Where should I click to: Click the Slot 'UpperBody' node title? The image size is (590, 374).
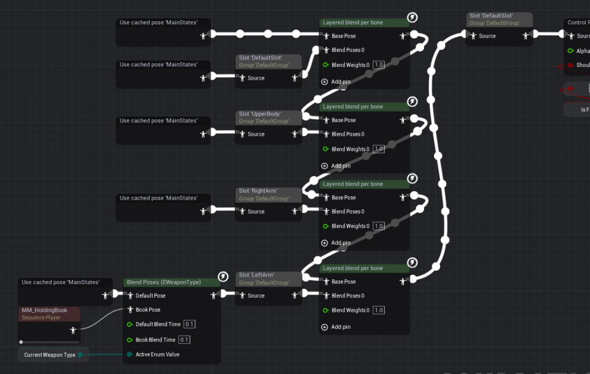point(256,114)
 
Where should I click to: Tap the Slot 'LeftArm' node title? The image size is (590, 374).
point(254,275)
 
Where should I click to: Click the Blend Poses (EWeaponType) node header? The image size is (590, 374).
point(164,282)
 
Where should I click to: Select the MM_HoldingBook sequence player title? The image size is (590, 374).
point(44,311)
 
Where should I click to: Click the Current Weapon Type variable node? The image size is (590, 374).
point(50,355)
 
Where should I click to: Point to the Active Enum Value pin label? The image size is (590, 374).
point(157,354)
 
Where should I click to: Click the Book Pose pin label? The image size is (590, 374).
point(148,310)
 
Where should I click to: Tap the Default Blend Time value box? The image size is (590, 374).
point(190,324)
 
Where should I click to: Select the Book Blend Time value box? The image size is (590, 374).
point(184,339)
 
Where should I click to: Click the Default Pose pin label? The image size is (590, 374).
point(150,296)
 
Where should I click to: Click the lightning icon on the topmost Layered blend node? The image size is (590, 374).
point(413,18)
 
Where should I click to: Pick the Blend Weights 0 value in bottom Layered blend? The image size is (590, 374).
point(379,311)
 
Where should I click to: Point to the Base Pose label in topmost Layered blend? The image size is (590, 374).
point(343,36)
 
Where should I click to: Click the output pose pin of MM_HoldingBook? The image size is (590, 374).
point(73,330)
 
